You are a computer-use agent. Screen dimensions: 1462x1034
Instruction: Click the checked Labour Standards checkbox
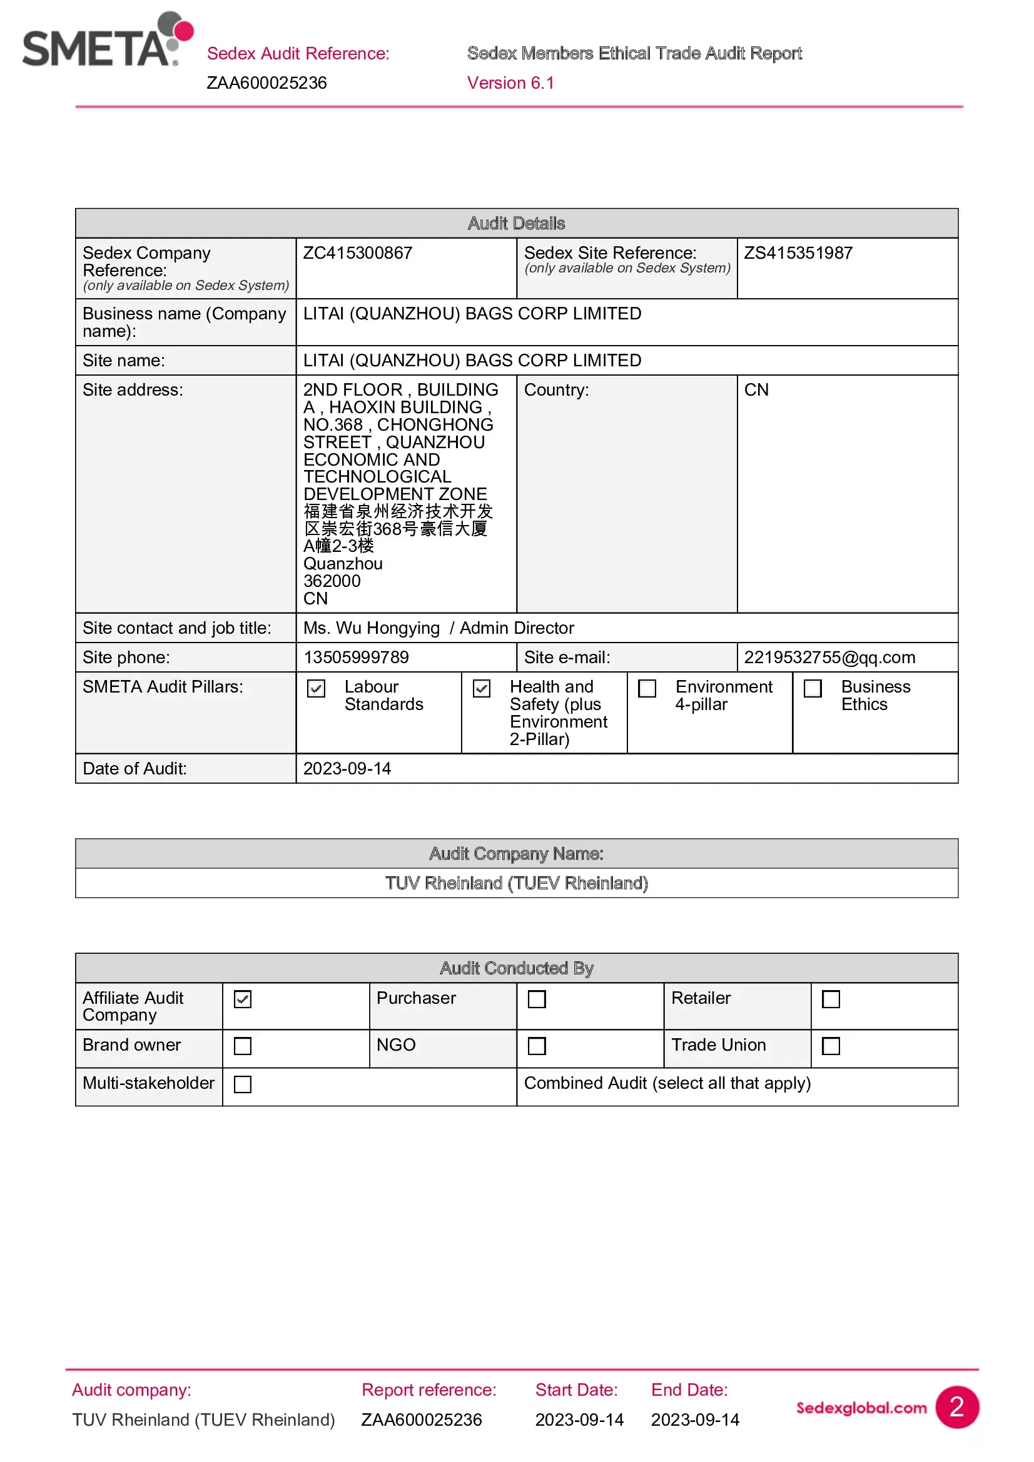coord(317,688)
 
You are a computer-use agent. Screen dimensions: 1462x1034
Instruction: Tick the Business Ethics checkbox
coord(813,688)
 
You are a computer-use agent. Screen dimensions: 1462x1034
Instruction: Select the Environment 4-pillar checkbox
coord(647,688)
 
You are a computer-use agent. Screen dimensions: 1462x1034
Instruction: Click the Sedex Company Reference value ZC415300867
coord(357,253)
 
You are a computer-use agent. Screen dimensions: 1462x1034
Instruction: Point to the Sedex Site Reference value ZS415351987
coord(798,253)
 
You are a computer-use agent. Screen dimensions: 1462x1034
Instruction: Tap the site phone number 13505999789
coord(356,657)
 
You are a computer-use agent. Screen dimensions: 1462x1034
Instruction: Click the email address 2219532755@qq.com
coord(829,657)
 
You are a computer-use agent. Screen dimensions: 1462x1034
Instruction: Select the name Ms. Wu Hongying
coord(372,628)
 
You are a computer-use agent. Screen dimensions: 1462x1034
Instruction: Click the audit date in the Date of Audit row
coord(347,769)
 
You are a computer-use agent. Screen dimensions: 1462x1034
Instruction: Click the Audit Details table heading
coord(517,224)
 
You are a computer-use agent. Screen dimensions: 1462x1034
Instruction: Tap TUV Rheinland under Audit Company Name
coord(517,883)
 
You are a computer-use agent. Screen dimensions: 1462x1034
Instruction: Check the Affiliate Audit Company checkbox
coord(243,999)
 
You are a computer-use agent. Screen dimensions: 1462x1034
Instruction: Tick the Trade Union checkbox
coord(831,1046)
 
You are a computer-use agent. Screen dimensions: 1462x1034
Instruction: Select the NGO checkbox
coord(537,1046)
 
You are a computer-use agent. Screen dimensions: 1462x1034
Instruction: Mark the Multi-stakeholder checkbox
coord(243,1084)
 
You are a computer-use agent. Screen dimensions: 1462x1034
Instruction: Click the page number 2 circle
coord(957,1407)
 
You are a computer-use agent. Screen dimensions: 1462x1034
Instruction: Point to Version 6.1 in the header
coord(510,83)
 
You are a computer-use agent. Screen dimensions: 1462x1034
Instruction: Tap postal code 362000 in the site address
coord(332,581)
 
